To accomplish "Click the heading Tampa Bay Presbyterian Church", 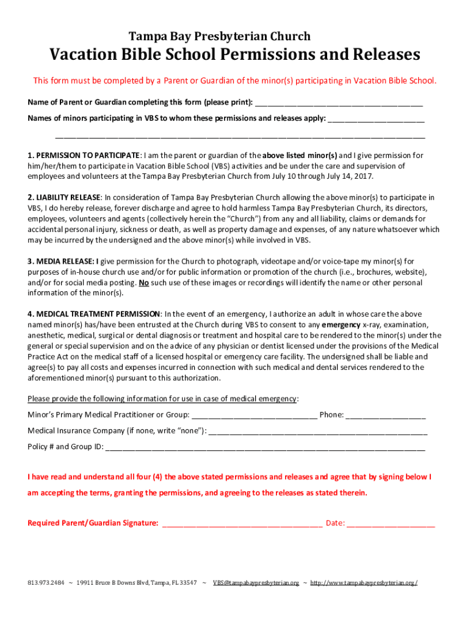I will (219, 36).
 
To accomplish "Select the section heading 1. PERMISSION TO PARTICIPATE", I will (84, 156).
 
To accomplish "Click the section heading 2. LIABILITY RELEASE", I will (63, 198).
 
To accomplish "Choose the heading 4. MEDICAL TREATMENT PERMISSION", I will (94, 314).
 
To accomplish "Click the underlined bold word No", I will (144, 283).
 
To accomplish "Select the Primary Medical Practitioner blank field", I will (255, 416).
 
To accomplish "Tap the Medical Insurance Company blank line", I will (317, 431).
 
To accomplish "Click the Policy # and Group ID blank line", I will (266, 447).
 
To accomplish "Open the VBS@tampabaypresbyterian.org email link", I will (256, 583).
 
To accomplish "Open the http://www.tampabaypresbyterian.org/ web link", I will (364, 583).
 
